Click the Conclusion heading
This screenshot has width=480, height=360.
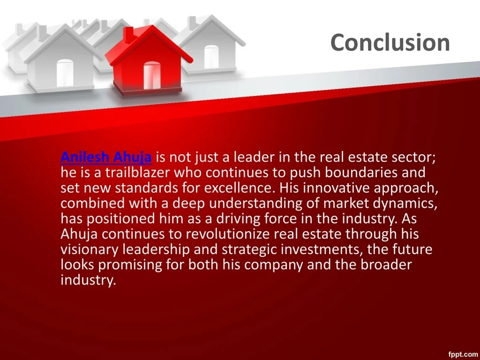pos(390,42)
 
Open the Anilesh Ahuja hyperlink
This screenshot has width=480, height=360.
pos(106,157)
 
